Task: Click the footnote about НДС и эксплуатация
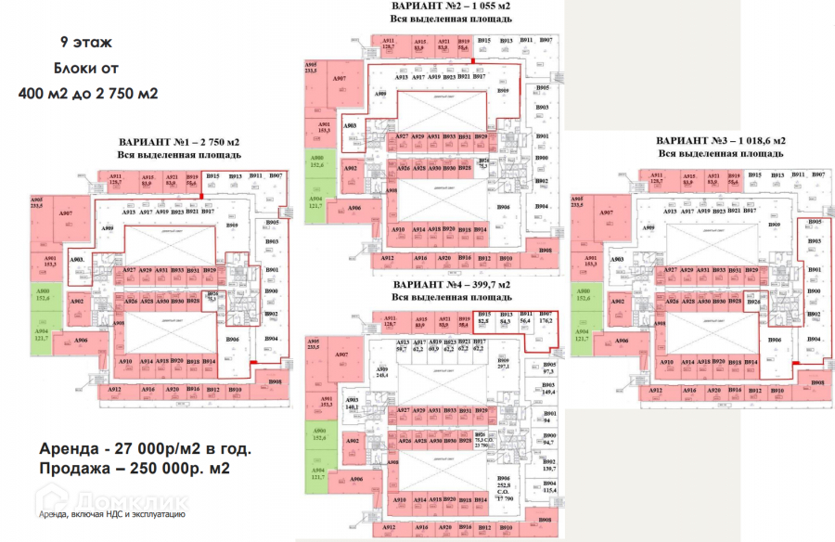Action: click(x=112, y=512)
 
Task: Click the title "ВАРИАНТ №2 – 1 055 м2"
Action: click(x=444, y=6)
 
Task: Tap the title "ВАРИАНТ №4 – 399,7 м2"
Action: click(x=444, y=284)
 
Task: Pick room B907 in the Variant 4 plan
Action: click(x=545, y=318)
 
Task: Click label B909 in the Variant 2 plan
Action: click(x=503, y=91)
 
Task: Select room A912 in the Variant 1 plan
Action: click(x=115, y=390)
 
